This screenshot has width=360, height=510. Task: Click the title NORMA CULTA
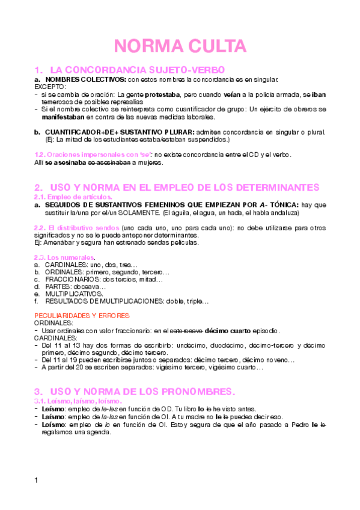180,46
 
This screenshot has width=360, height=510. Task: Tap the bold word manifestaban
66,117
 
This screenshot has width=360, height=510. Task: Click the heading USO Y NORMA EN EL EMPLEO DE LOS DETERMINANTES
184,187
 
